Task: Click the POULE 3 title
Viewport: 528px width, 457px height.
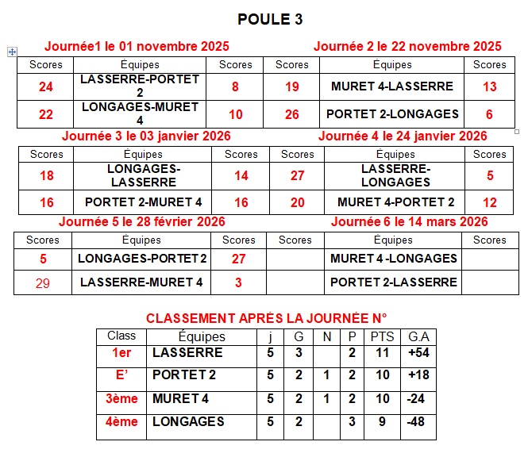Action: point(270,19)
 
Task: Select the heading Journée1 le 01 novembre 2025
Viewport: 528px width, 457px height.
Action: point(137,46)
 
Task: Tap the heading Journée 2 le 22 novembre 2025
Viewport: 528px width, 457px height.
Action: point(407,46)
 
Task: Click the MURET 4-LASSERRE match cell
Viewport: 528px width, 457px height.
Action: point(391,86)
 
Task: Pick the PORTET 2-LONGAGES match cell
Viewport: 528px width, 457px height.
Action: point(392,113)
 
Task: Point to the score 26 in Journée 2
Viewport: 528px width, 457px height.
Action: point(291,114)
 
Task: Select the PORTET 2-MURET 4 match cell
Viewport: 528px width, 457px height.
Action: point(144,202)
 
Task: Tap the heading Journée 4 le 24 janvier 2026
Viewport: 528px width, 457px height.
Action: point(403,136)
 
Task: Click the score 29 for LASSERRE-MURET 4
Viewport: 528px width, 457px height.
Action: point(43,282)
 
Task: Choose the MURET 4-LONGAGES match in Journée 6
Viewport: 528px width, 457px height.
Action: point(393,258)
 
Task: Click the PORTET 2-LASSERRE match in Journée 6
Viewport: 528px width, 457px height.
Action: point(393,282)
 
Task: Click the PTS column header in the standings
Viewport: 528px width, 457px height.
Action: point(382,336)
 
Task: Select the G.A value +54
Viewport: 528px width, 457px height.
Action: point(418,352)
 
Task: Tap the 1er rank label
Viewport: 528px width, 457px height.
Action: point(121,352)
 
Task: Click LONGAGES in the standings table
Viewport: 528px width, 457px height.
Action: point(188,421)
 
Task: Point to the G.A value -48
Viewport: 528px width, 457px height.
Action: point(416,422)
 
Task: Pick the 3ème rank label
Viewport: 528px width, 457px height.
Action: point(121,399)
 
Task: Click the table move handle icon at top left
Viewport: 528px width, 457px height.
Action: point(12,52)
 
